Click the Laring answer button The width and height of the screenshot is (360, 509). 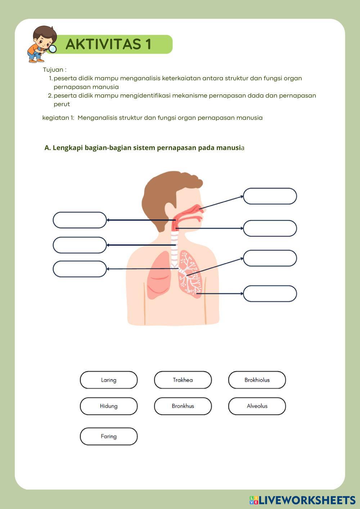tap(109, 380)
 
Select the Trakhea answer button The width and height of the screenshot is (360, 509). tap(183, 380)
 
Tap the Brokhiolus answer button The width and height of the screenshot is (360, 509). tap(257, 380)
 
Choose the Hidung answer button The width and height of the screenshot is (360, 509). tap(109, 406)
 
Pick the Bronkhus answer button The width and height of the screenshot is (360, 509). tap(183, 406)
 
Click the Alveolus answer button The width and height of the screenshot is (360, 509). tap(257, 406)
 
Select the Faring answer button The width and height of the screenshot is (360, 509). tap(109, 436)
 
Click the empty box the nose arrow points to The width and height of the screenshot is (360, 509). tap(270, 196)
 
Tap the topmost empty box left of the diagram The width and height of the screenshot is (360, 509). tap(80, 220)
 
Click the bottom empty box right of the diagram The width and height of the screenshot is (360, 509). tap(270, 293)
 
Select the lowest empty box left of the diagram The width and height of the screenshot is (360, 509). tap(80, 269)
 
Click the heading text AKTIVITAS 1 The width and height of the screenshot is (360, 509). tap(108, 44)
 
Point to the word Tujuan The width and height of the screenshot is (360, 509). tap(53, 70)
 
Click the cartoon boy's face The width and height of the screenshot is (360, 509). tap(43, 41)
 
